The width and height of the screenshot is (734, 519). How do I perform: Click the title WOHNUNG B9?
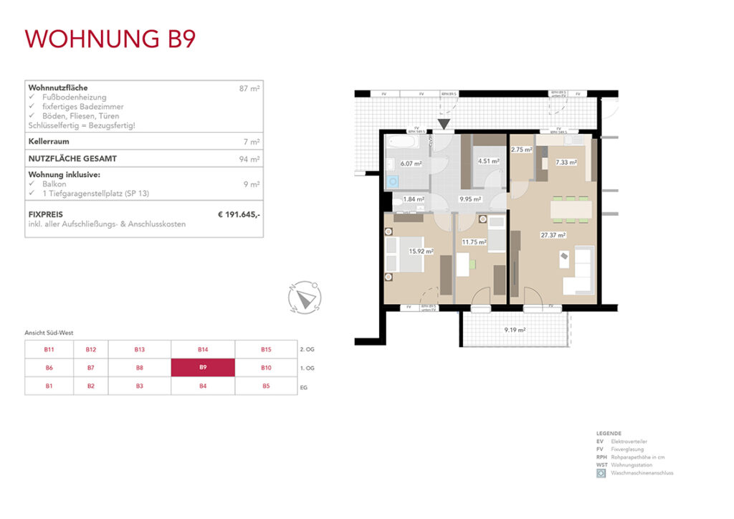pos(110,38)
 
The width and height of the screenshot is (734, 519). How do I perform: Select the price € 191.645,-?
pos(239,214)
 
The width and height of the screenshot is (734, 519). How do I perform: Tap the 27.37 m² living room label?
pos(553,235)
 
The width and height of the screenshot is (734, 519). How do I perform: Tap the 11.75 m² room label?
pos(475,242)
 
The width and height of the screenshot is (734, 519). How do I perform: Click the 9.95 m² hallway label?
pos(470,199)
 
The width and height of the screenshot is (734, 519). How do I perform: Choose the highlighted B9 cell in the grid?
pos(203,368)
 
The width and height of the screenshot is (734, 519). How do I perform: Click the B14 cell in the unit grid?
pos(203,349)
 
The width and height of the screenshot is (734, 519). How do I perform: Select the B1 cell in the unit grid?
pos(49,386)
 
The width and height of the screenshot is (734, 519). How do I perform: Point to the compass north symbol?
pos(305,297)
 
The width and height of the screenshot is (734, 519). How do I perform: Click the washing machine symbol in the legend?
pos(601,473)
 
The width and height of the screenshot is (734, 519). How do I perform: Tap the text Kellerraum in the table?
pos(48,142)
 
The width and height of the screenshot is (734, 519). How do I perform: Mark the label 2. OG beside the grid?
pos(307,349)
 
